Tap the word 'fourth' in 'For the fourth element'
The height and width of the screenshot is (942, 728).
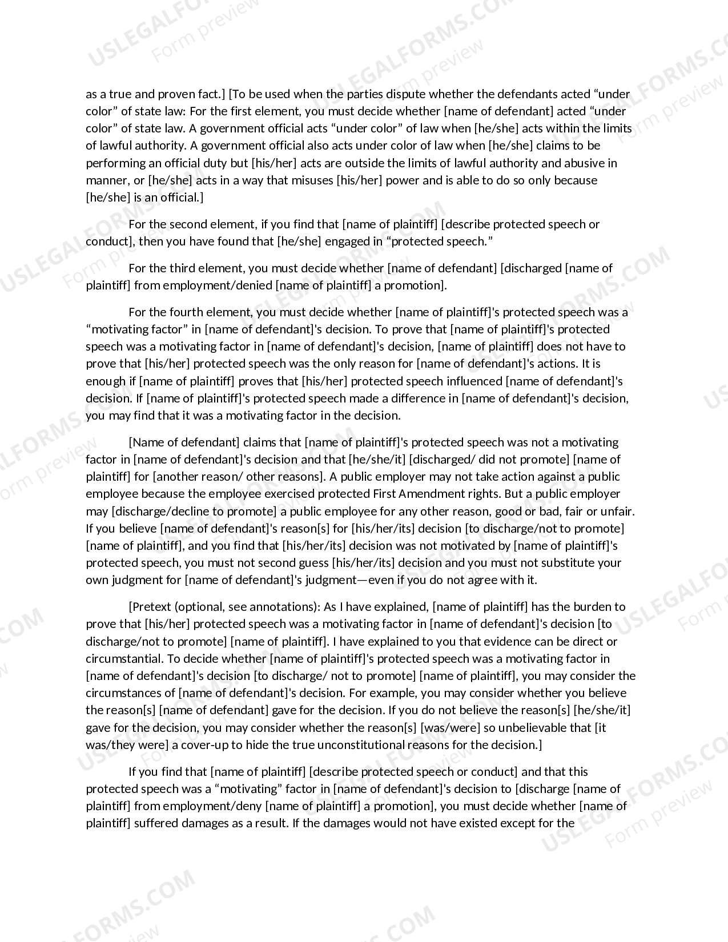tap(186, 312)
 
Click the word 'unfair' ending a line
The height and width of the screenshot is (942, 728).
tap(618, 511)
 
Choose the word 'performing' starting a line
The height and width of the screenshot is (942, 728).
tap(112, 163)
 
